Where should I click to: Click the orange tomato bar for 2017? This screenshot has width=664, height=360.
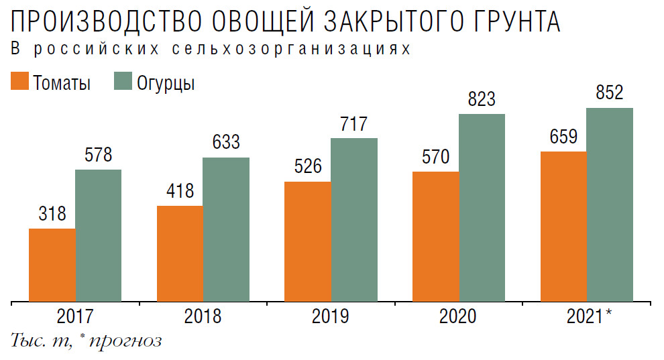click(x=52, y=265)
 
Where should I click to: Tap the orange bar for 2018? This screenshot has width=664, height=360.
click(x=180, y=253)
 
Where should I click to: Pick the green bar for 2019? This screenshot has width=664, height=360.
click(x=354, y=219)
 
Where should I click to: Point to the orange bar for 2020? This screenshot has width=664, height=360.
click(x=435, y=236)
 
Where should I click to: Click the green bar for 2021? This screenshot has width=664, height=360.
click(x=610, y=204)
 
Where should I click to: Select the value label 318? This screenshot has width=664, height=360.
click(x=52, y=215)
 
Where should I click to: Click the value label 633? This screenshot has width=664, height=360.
click(x=226, y=143)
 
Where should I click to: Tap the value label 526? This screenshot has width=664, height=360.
click(x=308, y=166)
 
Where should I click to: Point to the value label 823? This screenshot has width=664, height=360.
click(x=482, y=99)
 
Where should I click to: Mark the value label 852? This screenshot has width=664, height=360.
click(x=610, y=93)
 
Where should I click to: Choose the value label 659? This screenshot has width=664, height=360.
click(x=563, y=137)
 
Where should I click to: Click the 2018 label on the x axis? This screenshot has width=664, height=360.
click(x=203, y=316)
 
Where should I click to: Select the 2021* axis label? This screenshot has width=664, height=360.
click(x=588, y=316)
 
